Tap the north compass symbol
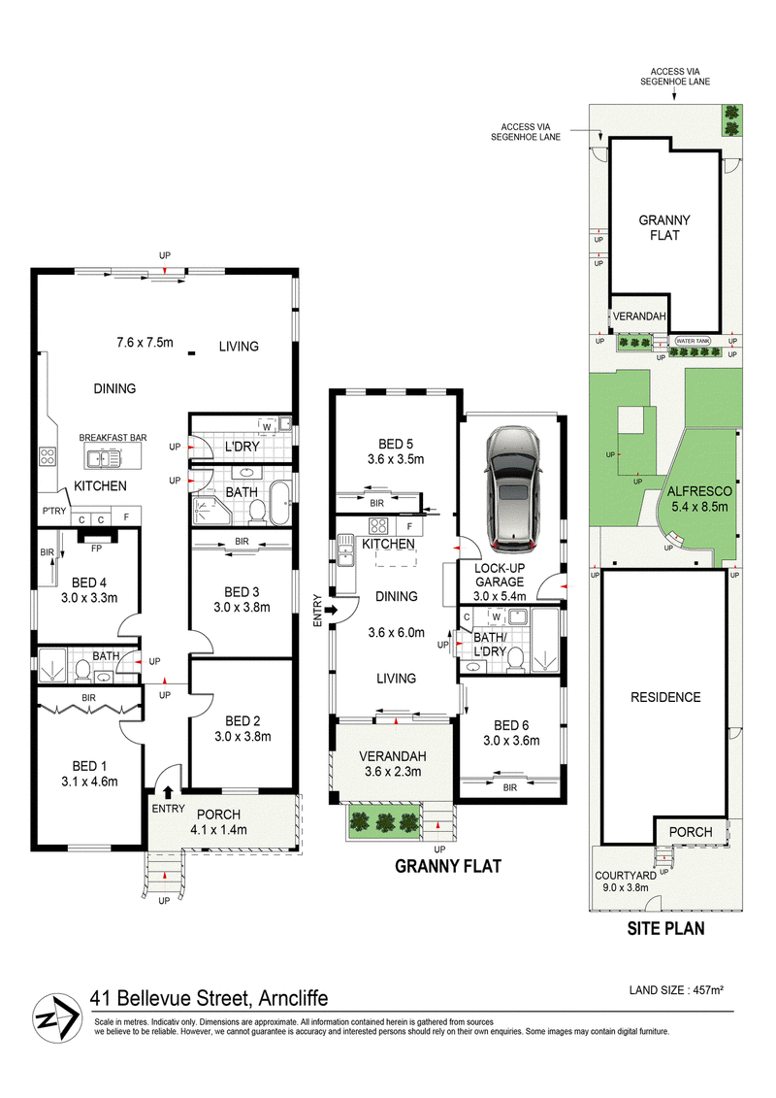tap(56, 1018)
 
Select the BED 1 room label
tap(89, 766)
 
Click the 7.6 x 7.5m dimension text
tap(145, 343)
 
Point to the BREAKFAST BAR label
tap(113, 438)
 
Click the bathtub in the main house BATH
tap(280, 502)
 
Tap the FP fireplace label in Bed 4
tap(96, 549)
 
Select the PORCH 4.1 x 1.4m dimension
tap(219, 830)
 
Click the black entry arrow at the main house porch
tap(168, 792)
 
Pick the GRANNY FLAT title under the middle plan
tap(448, 866)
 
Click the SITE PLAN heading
tap(665, 928)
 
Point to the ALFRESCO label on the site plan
tap(699, 491)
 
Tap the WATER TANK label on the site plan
tap(693, 341)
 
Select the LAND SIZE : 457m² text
tap(676, 990)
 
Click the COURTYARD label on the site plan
tap(626, 876)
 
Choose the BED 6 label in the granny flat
tap(511, 725)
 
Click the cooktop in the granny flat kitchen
tap(378, 525)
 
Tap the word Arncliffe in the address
tap(293, 998)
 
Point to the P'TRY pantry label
tap(54, 511)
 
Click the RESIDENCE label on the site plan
tap(665, 697)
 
